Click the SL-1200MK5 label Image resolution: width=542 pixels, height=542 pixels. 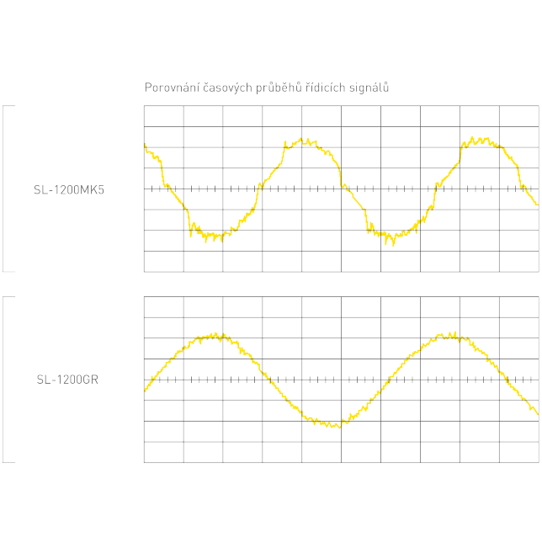point(69,189)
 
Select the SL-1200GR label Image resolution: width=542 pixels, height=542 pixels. point(67,380)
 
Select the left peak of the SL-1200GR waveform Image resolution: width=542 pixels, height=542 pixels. point(210,337)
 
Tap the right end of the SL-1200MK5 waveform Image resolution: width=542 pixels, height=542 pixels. point(536,204)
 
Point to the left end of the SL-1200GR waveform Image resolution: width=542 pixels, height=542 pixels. point(146,390)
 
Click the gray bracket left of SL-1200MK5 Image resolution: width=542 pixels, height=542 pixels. point(4,189)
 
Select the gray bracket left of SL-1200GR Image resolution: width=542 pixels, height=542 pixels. point(4,379)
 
